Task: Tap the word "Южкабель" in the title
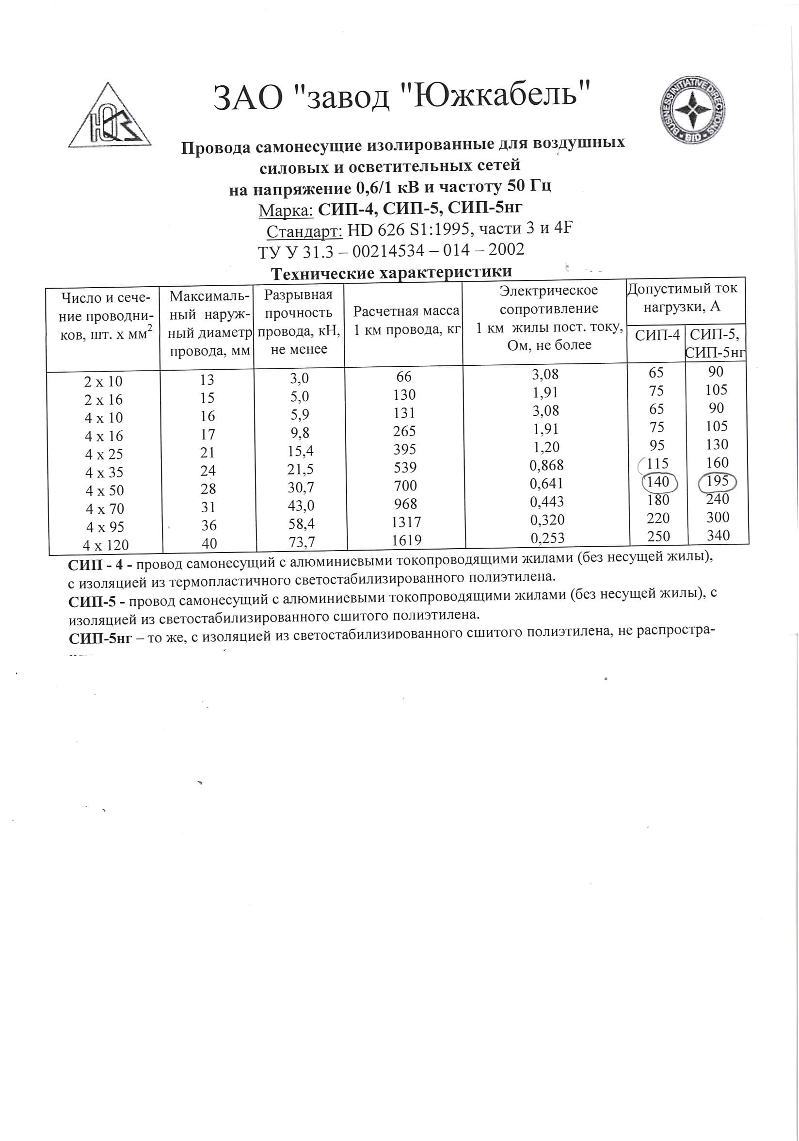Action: point(495,96)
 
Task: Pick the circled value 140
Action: point(658,482)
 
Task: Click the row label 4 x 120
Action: point(106,545)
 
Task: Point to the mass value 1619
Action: point(406,540)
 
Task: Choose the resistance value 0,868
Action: point(546,466)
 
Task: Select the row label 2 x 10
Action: point(103,382)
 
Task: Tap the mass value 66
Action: point(404,376)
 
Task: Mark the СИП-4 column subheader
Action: point(657,335)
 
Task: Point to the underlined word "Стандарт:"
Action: point(304,231)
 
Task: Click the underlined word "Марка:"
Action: point(286,211)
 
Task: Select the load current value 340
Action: point(718,536)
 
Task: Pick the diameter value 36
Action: point(208,525)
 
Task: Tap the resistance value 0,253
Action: point(547,538)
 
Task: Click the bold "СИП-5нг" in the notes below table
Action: point(100,638)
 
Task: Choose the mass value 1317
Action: point(406,522)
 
